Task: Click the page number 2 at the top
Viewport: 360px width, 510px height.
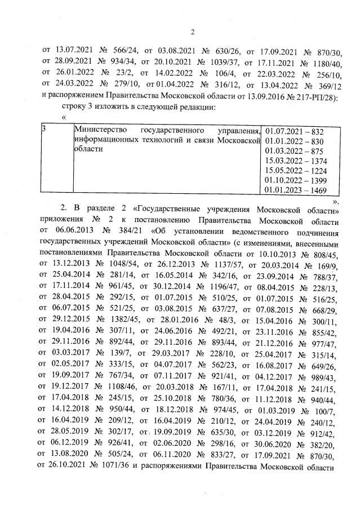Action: (x=193, y=32)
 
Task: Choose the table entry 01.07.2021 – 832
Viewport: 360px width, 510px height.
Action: (x=294, y=131)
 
